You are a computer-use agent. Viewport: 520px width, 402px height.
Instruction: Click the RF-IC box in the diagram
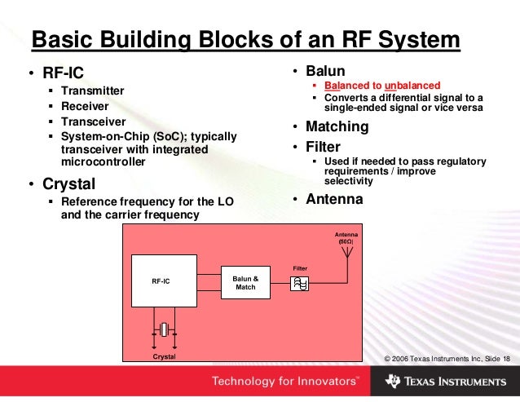[x=164, y=281]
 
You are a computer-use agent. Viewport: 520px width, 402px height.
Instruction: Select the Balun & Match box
[x=245, y=282]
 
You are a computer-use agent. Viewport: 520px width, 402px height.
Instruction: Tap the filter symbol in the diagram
[x=300, y=283]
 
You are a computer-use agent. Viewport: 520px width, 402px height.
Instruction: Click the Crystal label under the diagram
[x=164, y=356]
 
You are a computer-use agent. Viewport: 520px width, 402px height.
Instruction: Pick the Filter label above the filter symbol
[x=300, y=267]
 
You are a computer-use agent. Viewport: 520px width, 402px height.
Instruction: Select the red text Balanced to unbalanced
[x=381, y=86]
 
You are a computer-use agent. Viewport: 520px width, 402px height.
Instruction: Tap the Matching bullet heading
[x=337, y=127]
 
